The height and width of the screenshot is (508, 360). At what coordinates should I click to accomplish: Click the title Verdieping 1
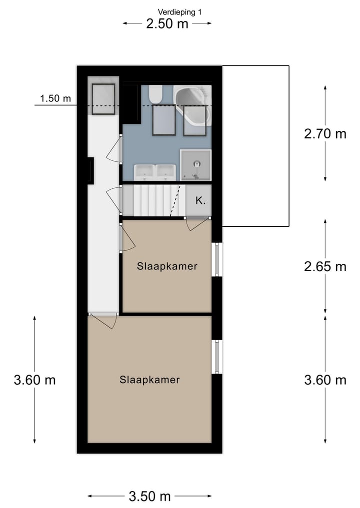(x=180, y=12)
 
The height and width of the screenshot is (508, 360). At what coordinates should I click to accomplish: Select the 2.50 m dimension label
(x=167, y=23)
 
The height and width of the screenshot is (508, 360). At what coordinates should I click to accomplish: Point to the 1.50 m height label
(x=55, y=98)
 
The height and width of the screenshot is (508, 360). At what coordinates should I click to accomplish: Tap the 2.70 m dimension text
(x=325, y=134)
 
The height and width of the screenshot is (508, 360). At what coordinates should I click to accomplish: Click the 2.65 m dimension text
(x=325, y=267)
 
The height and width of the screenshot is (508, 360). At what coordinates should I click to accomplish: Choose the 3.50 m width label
(x=149, y=496)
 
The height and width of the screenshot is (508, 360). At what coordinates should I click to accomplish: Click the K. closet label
(x=200, y=201)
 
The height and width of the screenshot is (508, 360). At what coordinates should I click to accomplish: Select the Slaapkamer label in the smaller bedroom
(x=167, y=266)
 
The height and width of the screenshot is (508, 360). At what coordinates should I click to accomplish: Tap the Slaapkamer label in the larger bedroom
(x=149, y=380)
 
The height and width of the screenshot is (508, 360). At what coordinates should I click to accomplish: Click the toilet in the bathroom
(x=155, y=93)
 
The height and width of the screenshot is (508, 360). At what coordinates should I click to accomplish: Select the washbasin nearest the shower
(x=165, y=172)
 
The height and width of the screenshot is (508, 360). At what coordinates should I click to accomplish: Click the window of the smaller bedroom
(x=217, y=259)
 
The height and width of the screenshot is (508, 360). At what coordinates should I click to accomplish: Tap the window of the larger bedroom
(x=217, y=357)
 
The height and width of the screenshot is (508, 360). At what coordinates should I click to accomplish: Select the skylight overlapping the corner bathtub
(x=194, y=120)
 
